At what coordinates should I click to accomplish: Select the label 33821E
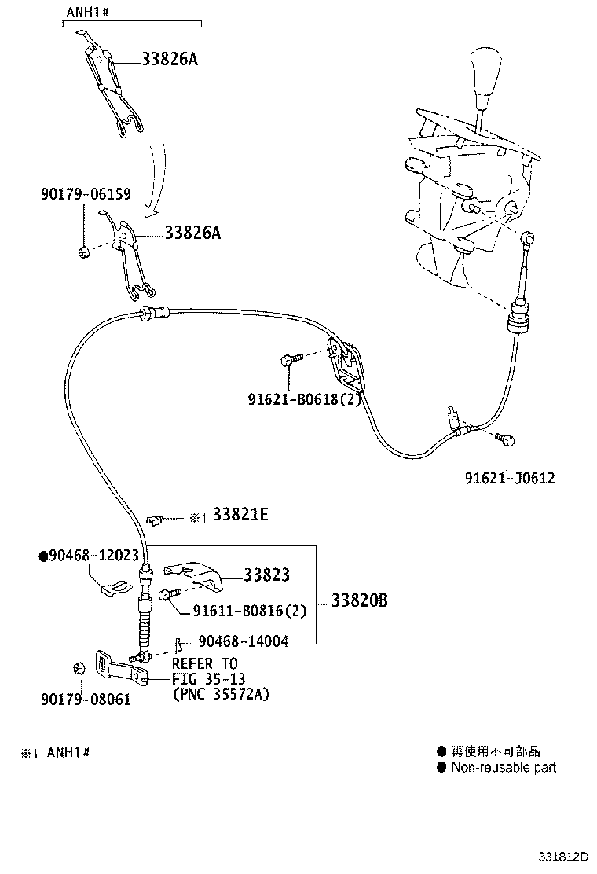click(x=240, y=515)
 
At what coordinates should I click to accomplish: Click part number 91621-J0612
click(x=508, y=477)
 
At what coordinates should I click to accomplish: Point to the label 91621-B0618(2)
click(x=302, y=399)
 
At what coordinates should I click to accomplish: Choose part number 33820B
click(x=360, y=601)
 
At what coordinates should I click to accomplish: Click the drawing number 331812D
click(x=563, y=855)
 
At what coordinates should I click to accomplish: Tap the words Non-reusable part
click(x=504, y=767)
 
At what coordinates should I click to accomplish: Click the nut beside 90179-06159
click(x=84, y=252)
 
